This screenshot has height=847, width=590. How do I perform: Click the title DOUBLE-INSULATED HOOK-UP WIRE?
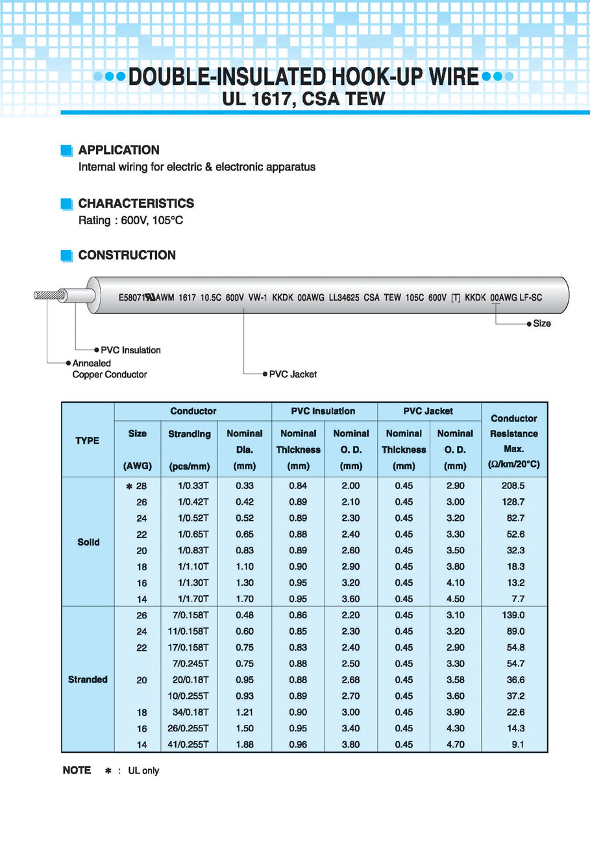303,76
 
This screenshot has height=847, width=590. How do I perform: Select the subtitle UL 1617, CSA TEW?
303,99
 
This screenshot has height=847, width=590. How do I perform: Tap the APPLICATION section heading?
119,150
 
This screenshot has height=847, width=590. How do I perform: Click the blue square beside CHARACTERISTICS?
66,203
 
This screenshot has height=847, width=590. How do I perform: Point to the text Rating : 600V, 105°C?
130,221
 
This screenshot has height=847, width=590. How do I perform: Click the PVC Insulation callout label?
130,350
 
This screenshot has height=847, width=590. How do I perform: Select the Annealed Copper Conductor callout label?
109,369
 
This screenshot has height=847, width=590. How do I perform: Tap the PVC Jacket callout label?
293,374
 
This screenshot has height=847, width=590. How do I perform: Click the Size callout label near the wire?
541,323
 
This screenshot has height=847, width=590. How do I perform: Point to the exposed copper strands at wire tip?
49,295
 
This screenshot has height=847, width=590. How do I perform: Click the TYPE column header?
88,440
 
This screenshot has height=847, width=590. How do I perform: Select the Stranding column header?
189,434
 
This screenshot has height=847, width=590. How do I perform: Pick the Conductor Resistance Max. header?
513,442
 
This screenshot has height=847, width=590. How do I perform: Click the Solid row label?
88,542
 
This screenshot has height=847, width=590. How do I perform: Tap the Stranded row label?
88,679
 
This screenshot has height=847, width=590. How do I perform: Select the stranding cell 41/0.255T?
189,744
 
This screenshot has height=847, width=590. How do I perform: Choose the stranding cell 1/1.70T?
193,599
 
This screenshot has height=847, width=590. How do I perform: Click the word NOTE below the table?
77,770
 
